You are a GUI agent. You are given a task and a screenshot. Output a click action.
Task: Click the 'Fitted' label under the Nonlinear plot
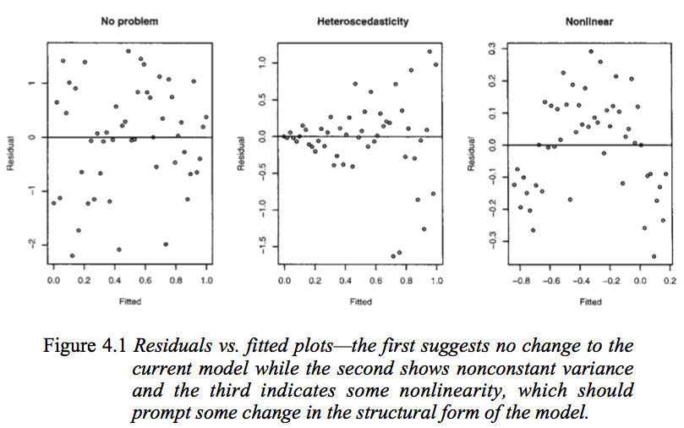[591, 301]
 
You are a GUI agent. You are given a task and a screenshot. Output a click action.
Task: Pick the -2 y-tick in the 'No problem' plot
[30, 244]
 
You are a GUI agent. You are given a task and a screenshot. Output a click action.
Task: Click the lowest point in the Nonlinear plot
[654, 256]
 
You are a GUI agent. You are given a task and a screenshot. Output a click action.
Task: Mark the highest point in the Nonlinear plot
[591, 52]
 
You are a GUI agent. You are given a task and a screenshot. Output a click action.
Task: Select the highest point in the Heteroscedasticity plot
[430, 52]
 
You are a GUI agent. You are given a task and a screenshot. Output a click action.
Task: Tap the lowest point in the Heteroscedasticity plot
[393, 256]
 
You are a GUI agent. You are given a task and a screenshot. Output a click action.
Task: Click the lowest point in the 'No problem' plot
[72, 255]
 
